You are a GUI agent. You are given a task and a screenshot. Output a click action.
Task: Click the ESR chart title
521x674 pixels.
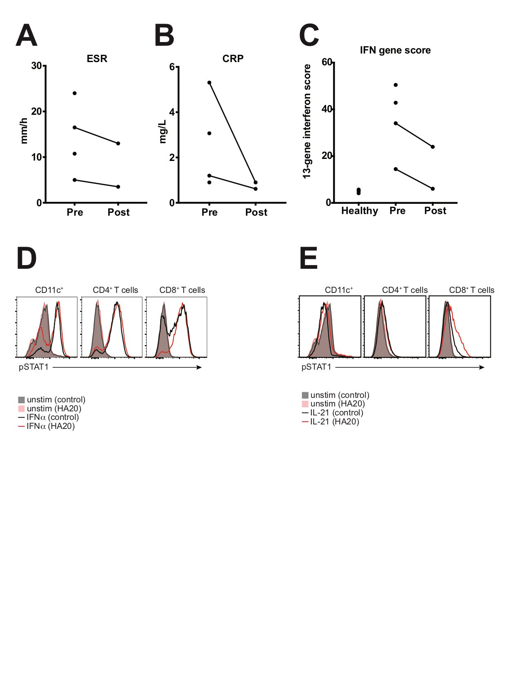[97, 59]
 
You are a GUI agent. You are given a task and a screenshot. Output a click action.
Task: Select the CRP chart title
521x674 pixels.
[233, 59]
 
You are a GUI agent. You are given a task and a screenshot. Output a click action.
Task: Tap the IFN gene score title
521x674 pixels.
[395, 50]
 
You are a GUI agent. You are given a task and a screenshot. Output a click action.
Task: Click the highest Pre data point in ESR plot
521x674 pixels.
[74, 93]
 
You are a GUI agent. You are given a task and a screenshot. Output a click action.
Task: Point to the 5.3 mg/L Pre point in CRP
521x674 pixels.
[209, 83]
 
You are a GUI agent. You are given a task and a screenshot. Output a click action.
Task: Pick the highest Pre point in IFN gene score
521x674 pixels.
[396, 85]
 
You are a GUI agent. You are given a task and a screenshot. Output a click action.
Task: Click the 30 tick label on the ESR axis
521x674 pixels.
[37, 66]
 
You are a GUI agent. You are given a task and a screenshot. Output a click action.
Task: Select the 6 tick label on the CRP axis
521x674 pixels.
[172, 67]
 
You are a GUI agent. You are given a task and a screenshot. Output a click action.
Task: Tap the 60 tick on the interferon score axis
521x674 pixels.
[327, 62]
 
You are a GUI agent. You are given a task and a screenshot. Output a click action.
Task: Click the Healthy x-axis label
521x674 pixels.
[360, 211]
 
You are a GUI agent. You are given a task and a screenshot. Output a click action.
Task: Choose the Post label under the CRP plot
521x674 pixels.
[256, 212]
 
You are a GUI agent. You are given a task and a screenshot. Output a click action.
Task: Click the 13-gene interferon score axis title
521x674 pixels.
[307, 121]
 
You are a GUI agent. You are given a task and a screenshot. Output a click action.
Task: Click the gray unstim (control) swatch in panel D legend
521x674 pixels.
[22, 400]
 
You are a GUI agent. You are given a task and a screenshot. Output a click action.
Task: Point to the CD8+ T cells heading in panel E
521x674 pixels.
[472, 290]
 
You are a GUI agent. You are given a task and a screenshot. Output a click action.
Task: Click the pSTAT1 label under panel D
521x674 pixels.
[34, 367]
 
